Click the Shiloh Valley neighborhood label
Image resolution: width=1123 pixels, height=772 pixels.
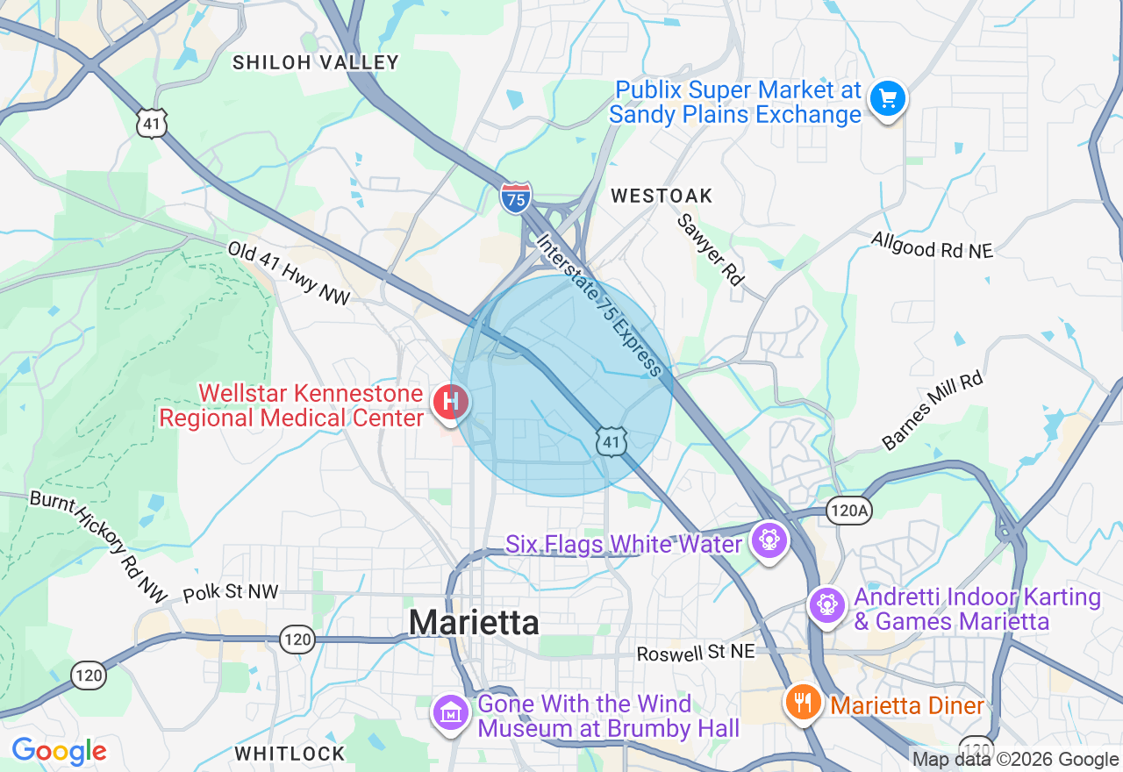316,62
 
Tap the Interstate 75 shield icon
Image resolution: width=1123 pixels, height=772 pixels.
516,197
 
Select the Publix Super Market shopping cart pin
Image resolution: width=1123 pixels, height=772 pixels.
887,98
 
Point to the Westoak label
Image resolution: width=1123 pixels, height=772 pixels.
662,196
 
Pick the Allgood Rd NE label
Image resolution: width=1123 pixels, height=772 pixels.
932,245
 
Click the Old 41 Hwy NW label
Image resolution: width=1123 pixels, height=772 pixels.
289,274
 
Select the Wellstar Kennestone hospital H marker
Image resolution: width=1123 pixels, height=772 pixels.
451,404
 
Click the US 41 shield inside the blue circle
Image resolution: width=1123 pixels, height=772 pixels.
612,441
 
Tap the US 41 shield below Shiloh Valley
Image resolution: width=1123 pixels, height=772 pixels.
152,123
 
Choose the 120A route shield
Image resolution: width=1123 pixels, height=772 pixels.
848,511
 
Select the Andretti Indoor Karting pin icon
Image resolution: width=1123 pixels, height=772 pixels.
826,605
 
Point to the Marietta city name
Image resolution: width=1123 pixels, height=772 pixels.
474,622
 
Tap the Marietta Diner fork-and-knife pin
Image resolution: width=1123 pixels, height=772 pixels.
802,702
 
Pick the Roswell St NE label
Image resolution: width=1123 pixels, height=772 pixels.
696,654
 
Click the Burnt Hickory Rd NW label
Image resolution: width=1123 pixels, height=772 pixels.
97,546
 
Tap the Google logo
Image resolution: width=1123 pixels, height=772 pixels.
59,751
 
